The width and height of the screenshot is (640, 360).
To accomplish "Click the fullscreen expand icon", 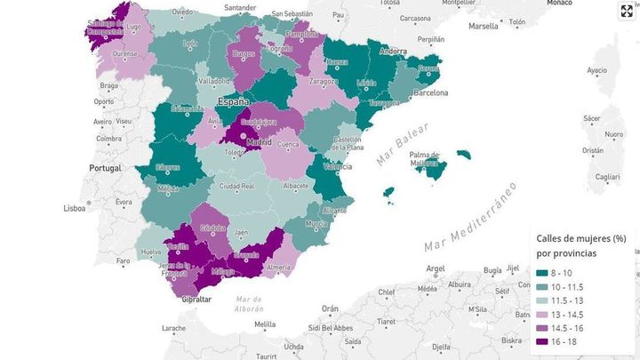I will pyautogui.click(x=626, y=12).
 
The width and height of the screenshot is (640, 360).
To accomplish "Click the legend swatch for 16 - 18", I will pyautogui.click(x=542, y=340).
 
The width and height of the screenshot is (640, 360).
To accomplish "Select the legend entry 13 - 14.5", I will pyautogui.click(x=569, y=314).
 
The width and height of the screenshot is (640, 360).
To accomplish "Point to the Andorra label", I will pyautogui.click(x=393, y=52).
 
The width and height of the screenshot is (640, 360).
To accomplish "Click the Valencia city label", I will pyautogui.click(x=338, y=166).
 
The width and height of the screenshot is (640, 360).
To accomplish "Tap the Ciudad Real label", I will pyautogui.click(x=237, y=186).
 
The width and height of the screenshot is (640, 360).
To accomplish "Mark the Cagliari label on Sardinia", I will pyautogui.click(x=608, y=177).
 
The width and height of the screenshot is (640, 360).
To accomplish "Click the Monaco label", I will pyautogui.click(x=558, y=3).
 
